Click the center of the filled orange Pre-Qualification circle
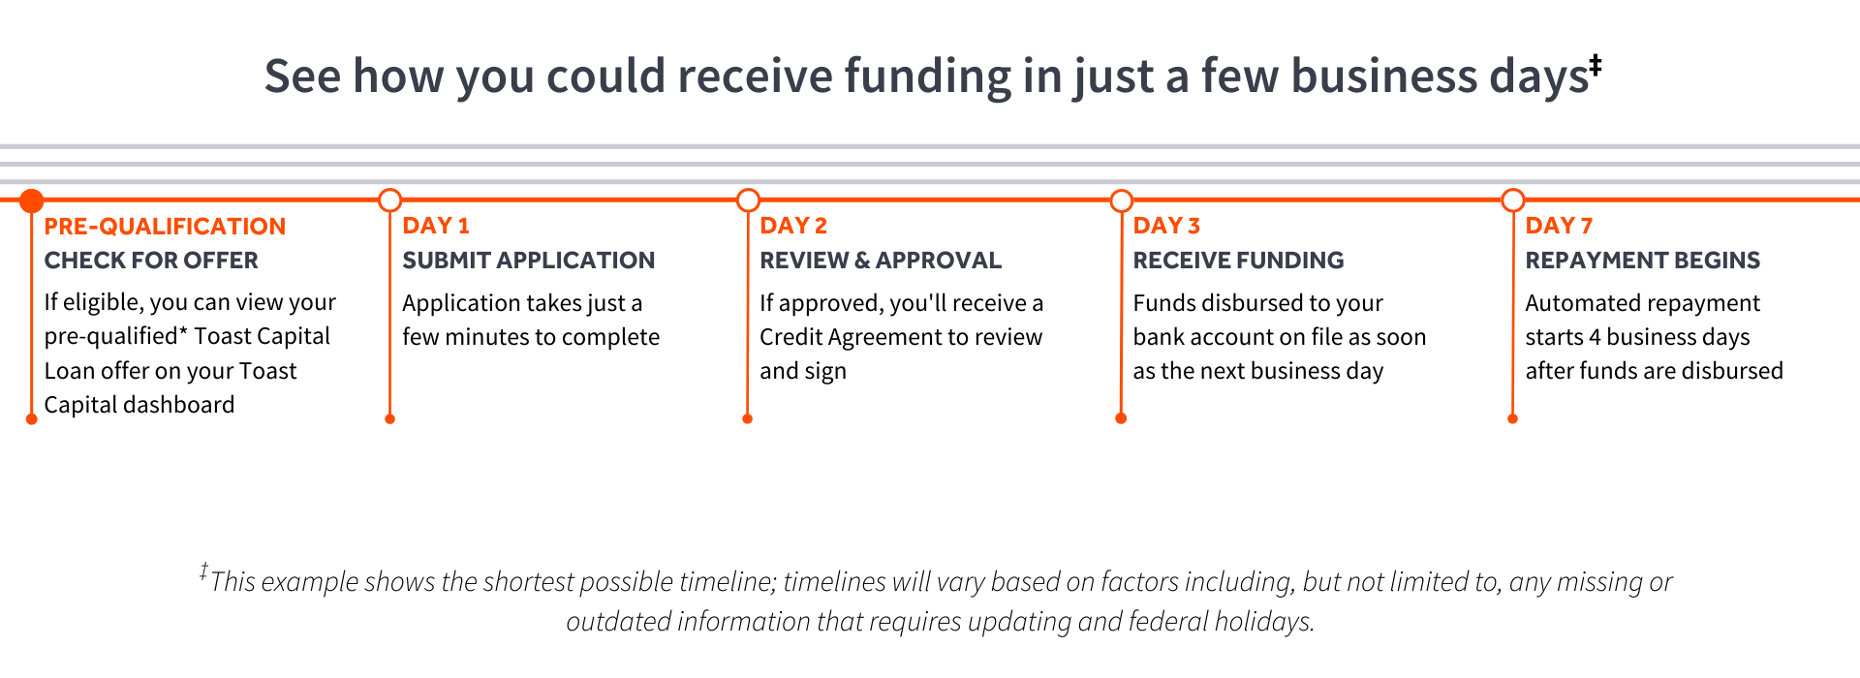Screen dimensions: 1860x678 coord(32,200)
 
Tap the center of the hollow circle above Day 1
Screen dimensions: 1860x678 coord(389,200)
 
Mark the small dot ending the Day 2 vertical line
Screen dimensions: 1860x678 coord(747,419)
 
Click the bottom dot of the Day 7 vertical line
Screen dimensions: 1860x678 coord(1512,419)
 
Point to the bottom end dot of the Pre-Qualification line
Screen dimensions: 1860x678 coord(32,419)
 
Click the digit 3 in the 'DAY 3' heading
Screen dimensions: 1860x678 coord(1193,226)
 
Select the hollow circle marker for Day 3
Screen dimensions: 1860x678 coord(1121,200)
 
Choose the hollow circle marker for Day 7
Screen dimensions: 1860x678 coord(1512,200)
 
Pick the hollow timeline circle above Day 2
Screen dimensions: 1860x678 coord(747,200)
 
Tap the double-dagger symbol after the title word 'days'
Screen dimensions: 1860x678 coord(1595,65)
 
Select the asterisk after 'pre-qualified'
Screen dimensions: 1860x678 coord(183,332)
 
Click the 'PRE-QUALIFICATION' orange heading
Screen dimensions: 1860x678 coord(165,227)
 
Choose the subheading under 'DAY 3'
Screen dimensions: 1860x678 coord(1238,261)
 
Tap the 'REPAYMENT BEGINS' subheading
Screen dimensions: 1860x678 coord(1642,261)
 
